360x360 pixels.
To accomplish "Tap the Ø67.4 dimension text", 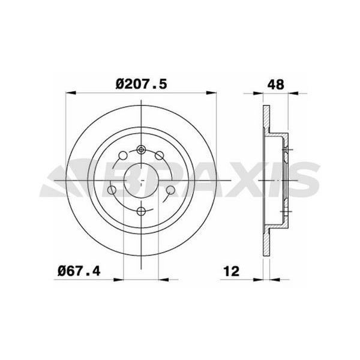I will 78,272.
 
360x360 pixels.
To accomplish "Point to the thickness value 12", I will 230,272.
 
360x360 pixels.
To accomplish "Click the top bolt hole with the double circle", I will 141,150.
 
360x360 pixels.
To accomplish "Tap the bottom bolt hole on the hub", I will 141,211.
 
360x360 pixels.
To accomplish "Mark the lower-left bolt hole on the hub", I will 112,190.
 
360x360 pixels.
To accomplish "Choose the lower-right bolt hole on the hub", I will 170,190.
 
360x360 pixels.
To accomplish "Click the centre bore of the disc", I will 141,180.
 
